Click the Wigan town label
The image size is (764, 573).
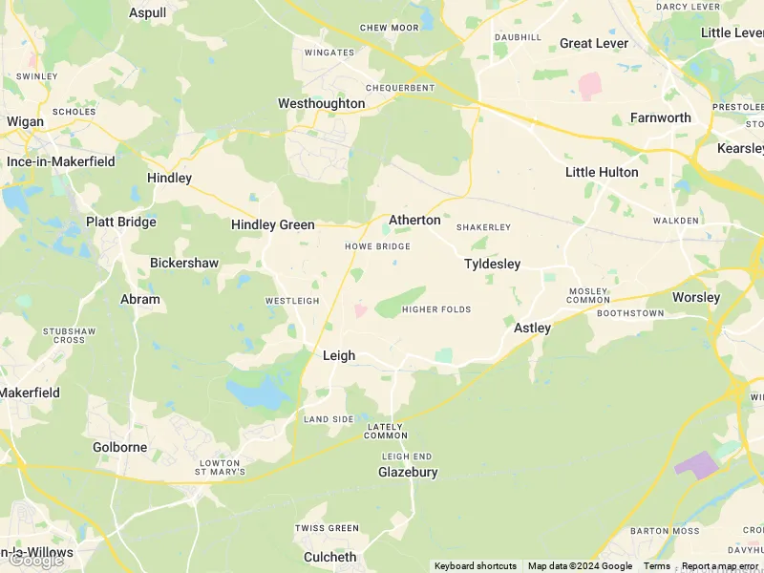click(x=25, y=121)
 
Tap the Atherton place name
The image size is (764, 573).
click(x=414, y=220)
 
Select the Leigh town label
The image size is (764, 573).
click(x=339, y=355)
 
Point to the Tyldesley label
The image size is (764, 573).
click(x=492, y=264)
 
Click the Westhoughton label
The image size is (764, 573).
click(x=321, y=103)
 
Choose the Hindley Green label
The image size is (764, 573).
click(x=272, y=225)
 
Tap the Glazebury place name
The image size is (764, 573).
click(x=408, y=472)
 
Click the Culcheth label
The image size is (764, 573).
click(x=329, y=557)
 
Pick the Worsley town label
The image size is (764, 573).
click(x=695, y=297)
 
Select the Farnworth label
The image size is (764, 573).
click(x=660, y=117)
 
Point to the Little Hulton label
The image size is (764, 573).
click(x=602, y=172)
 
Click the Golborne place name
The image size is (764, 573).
click(x=119, y=447)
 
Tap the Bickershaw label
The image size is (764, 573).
click(x=184, y=263)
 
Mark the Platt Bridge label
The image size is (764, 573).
click(x=120, y=222)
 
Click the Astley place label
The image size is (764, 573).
click(x=532, y=328)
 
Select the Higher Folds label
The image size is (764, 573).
click(x=436, y=309)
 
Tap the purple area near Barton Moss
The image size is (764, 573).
click(x=699, y=465)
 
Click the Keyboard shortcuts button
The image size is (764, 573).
click(x=476, y=566)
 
